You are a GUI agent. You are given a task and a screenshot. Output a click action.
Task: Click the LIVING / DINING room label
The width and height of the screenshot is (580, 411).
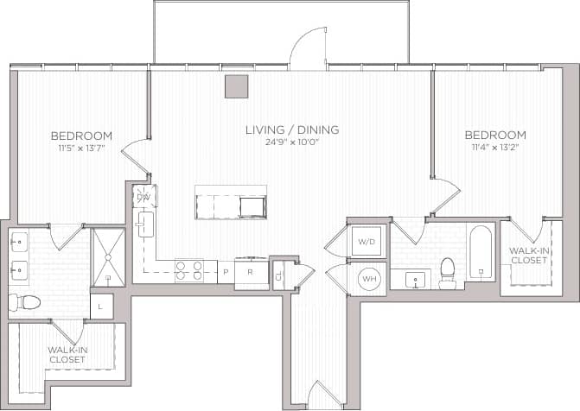[291, 130]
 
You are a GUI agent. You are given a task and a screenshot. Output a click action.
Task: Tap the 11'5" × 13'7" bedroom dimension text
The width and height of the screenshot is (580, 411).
[81, 147]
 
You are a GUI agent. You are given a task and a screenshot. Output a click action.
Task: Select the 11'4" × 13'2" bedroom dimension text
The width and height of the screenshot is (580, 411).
[495, 147]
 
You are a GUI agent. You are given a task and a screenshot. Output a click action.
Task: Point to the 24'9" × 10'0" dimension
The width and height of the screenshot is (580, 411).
[291, 142]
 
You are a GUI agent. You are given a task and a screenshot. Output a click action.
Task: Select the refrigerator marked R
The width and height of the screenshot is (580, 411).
[250, 272]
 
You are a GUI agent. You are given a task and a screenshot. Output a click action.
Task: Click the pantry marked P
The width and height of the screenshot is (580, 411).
[226, 272]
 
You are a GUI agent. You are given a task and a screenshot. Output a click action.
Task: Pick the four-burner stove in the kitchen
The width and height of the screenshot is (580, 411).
[188, 271]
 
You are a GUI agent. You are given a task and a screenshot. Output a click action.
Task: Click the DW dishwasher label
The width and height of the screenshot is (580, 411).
[144, 198]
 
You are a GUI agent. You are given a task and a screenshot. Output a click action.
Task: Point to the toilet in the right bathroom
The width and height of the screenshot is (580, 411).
[448, 271]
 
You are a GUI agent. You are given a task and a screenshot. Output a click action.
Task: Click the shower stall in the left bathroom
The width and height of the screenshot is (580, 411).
[108, 256]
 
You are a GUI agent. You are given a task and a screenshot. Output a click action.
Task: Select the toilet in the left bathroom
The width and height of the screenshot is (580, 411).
[25, 302]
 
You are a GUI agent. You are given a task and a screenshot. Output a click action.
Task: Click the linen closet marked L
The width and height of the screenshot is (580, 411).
[101, 307]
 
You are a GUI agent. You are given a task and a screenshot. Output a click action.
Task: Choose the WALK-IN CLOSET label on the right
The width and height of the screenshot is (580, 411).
[527, 255]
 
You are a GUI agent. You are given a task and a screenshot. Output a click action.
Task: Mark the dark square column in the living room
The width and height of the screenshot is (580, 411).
[236, 85]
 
